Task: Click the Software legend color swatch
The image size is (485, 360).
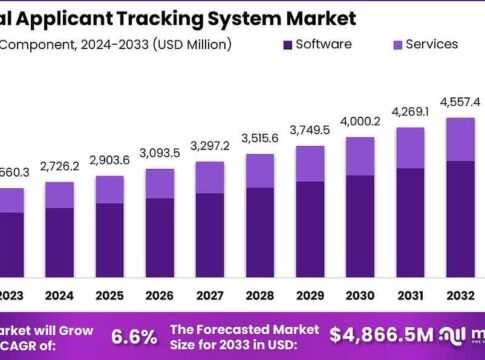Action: (290, 44)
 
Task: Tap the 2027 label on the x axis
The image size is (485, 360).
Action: (209, 295)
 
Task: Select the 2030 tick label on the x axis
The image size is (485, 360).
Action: (362, 295)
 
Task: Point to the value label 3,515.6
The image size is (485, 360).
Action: (260, 138)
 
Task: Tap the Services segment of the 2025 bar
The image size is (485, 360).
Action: (109, 189)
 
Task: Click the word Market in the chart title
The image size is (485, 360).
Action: (318, 17)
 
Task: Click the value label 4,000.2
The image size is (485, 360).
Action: (361, 121)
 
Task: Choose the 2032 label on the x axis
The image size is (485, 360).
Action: (460, 295)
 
